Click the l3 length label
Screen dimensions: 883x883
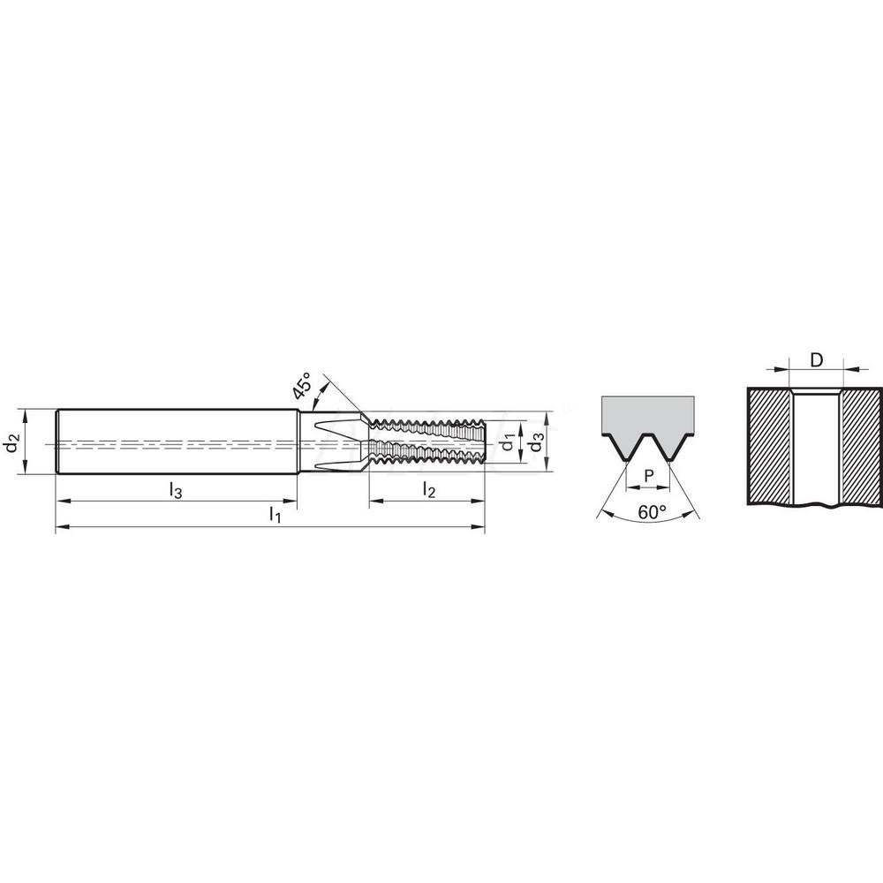(x=176, y=491)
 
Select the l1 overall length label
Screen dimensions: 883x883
(x=275, y=517)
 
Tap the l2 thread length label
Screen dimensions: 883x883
(x=429, y=490)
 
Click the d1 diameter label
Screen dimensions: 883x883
(x=508, y=441)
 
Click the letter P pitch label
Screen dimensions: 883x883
(x=649, y=476)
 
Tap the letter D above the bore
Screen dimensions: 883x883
(x=817, y=359)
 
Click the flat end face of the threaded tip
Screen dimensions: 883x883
(x=486, y=439)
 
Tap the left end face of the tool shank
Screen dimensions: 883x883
(x=57, y=442)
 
